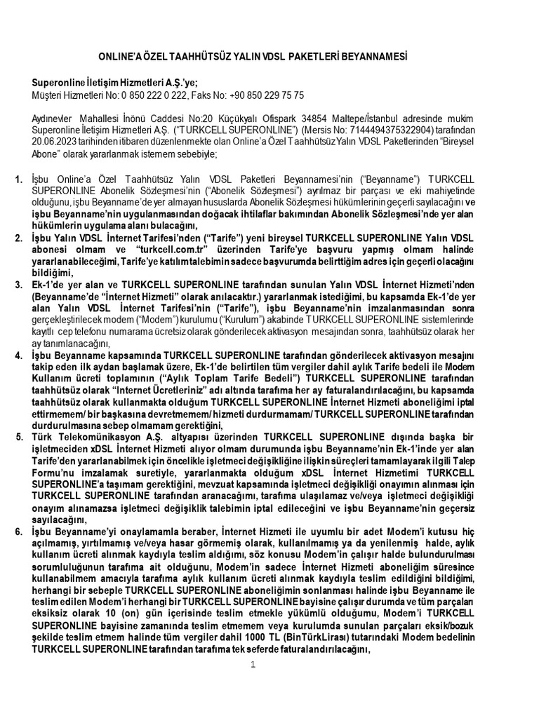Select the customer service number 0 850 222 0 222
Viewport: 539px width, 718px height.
pyautogui.click(x=145, y=95)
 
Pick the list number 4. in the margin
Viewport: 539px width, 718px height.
pyautogui.click(x=19, y=355)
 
